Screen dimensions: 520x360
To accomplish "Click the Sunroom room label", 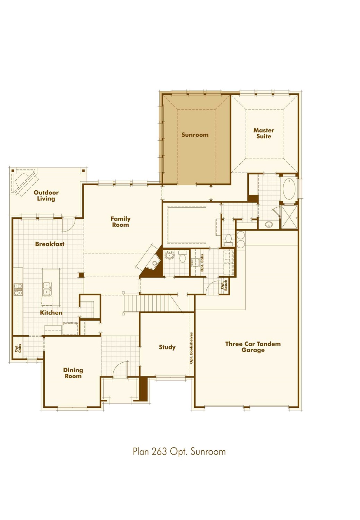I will pyautogui.click(x=195, y=135).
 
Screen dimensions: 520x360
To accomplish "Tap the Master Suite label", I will pyautogui.click(x=264, y=133).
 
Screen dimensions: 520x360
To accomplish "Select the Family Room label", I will pyautogui.click(x=120, y=222).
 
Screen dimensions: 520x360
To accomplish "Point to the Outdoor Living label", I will pyautogui.click(x=46, y=196).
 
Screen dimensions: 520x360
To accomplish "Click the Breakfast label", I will pyautogui.click(x=50, y=244).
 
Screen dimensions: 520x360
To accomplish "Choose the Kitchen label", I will pyautogui.click(x=51, y=313).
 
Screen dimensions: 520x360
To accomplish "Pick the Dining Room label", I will pyautogui.click(x=73, y=373).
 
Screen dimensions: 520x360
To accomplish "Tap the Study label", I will pyautogui.click(x=167, y=347).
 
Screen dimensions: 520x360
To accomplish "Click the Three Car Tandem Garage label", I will pyautogui.click(x=253, y=347).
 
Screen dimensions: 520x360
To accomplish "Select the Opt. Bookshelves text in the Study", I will pyautogui.click(x=191, y=348).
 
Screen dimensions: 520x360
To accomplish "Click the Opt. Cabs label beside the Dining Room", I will pyautogui.click(x=18, y=348).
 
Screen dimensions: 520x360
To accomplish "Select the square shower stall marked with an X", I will pyautogui.click(x=289, y=217).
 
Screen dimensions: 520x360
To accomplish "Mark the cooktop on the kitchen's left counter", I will pyautogui.click(x=18, y=289).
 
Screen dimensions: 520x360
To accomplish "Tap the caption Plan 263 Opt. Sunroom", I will pyautogui.click(x=179, y=452).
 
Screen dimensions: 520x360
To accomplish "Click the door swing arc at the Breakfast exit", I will pyautogui.click(x=68, y=226).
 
